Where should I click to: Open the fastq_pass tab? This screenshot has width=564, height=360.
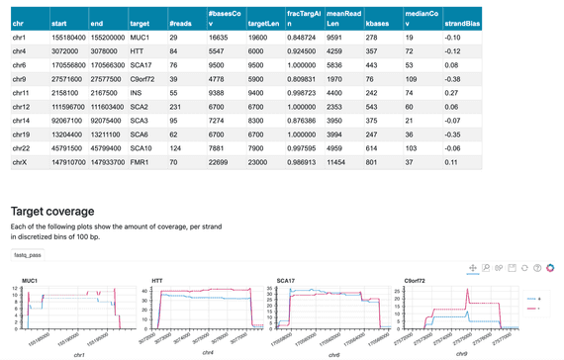(x=29, y=254)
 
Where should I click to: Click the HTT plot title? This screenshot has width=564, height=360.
(x=158, y=280)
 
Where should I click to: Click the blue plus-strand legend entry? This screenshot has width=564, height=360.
(x=535, y=297)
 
